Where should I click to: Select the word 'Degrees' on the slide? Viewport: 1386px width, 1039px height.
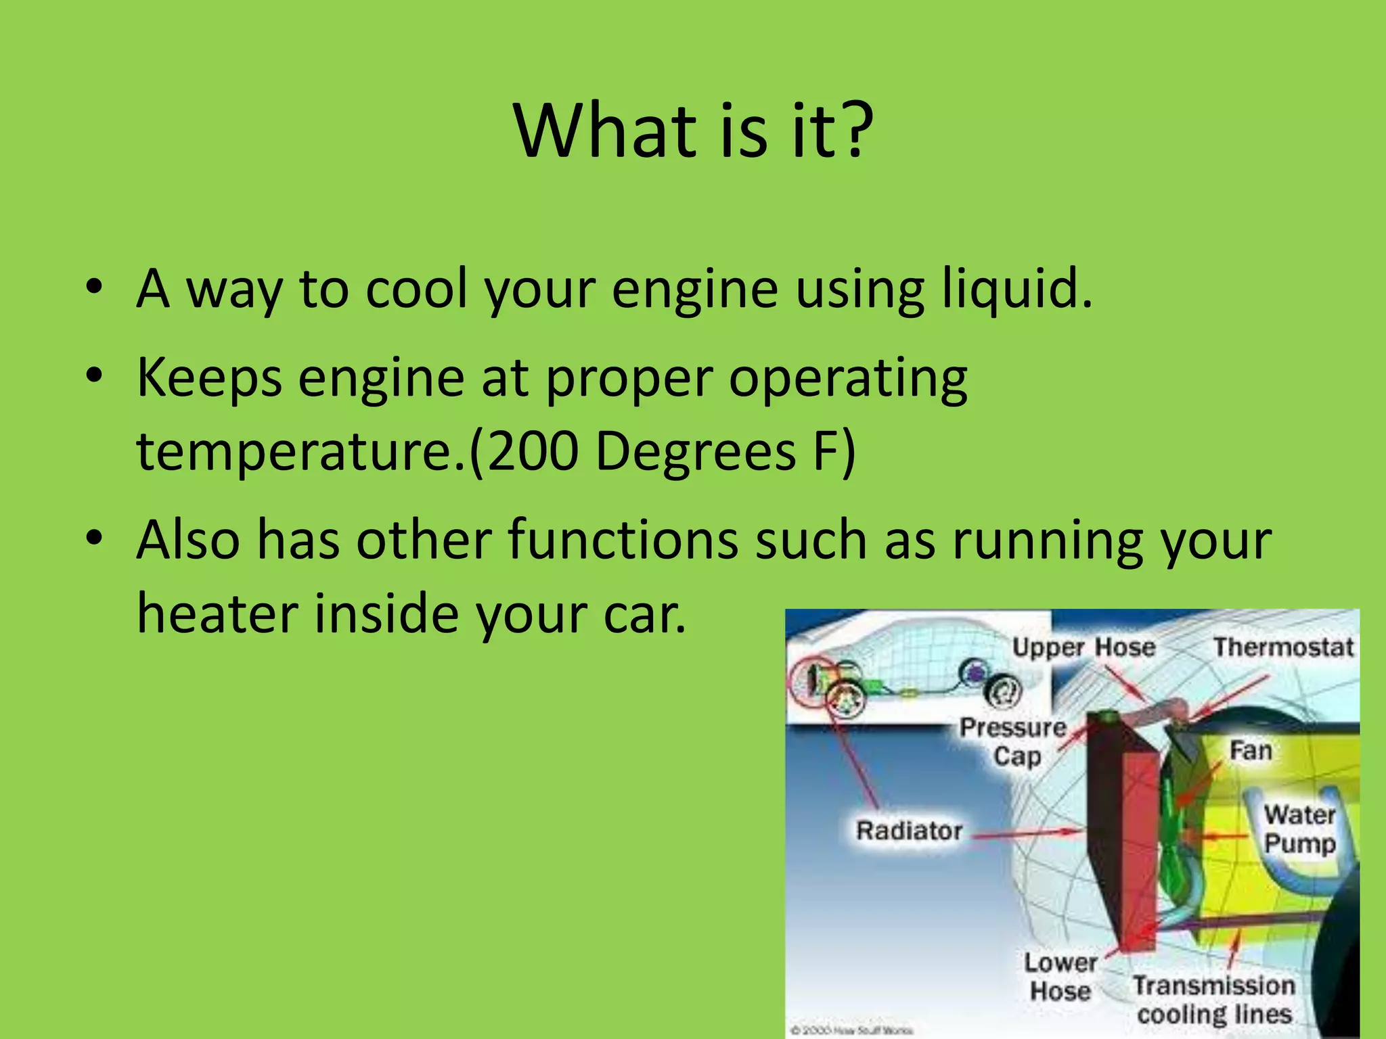pos(696,452)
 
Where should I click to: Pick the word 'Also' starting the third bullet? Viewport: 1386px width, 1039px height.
pos(188,540)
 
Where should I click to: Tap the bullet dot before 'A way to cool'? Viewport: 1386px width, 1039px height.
pos(95,287)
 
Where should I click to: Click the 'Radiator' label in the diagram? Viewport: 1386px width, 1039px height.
pos(909,831)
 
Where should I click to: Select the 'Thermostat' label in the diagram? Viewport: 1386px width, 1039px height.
pos(1282,647)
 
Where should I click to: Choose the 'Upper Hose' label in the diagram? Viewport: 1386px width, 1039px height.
pos(1083,647)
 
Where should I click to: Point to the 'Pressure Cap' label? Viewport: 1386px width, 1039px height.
pos(1014,741)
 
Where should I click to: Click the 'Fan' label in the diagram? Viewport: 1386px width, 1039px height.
pos(1251,751)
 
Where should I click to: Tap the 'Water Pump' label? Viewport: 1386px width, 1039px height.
pos(1299,829)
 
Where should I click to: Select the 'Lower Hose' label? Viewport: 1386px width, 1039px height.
pos(1060,977)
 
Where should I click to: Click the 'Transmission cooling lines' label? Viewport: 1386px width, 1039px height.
pos(1214,1000)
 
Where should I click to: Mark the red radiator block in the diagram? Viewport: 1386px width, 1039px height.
pos(1137,846)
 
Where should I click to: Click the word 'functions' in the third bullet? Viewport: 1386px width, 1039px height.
pos(623,540)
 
